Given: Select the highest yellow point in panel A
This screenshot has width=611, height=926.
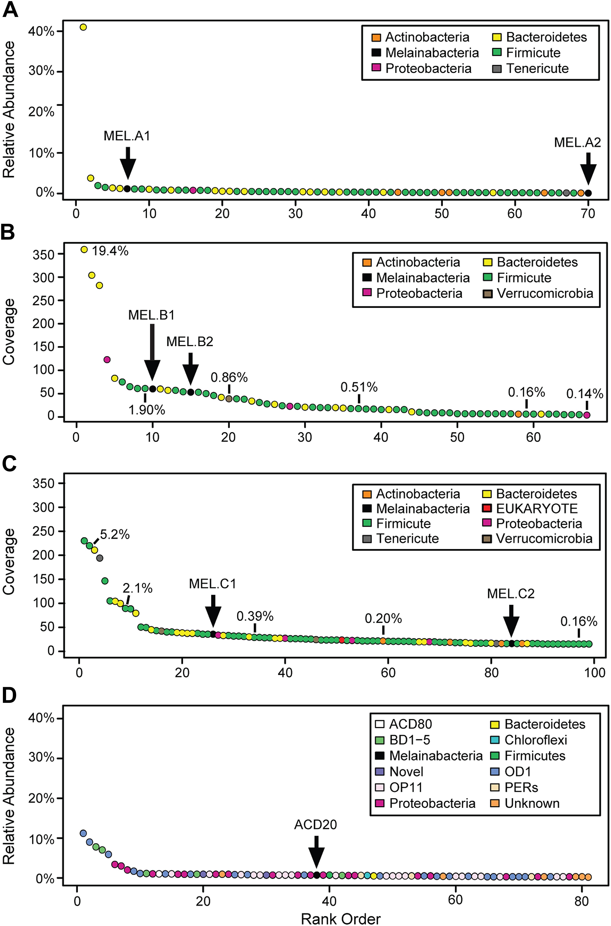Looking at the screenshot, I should (x=83, y=27).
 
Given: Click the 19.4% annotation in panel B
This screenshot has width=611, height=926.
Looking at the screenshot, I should (x=110, y=251).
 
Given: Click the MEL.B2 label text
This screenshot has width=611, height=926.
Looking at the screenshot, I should (x=190, y=342).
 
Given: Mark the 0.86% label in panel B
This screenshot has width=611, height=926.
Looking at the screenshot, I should (x=229, y=377).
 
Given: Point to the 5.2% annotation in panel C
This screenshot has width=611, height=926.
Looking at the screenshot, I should (x=115, y=534).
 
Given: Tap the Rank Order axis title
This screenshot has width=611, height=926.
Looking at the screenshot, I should (x=341, y=918).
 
